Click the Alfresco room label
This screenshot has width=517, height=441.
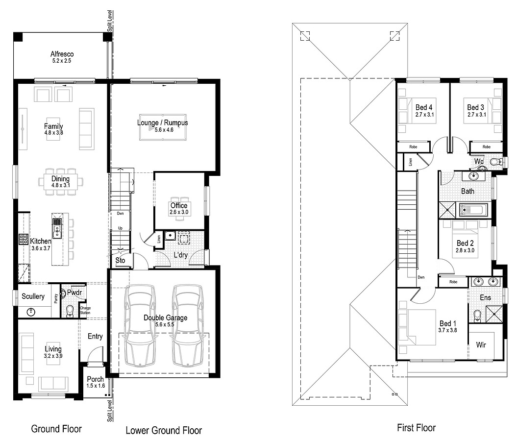tap(62, 54)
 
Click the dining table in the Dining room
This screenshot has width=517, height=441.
tap(61, 182)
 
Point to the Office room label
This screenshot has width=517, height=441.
tap(179, 205)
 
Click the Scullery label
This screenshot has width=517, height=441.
tap(33, 296)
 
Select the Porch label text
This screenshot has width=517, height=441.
tap(95, 379)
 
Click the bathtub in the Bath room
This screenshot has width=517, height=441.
tap(473, 211)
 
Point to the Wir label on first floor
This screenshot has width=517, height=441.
tap(481, 345)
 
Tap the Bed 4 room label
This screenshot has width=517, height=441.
tap(424, 107)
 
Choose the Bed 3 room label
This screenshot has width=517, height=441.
tap(475, 107)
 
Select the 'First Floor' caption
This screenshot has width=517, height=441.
tap(416, 428)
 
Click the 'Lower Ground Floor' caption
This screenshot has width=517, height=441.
tap(164, 430)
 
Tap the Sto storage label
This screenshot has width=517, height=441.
tap(120, 260)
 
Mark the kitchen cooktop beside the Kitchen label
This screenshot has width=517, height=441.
tap(23, 240)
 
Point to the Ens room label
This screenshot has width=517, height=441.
tap(485, 297)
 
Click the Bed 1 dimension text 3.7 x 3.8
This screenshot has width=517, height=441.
tap(447, 331)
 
